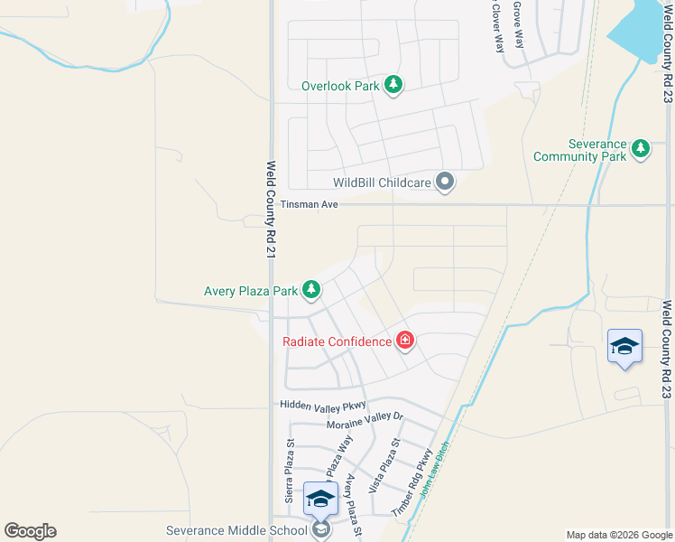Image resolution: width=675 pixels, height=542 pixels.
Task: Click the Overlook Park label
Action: (x=340, y=86)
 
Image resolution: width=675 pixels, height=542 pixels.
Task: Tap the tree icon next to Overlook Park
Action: (x=393, y=85)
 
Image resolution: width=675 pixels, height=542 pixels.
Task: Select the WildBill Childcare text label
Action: (x=383, y=182)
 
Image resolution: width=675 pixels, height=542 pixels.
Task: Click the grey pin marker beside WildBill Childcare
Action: (x=444, y=182)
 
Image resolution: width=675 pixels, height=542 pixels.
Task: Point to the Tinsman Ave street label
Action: (x=309, y=205)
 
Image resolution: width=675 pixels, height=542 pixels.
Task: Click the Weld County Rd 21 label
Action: (x=270, y=210)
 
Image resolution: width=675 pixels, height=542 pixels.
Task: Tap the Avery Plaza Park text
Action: (x=251, y=291)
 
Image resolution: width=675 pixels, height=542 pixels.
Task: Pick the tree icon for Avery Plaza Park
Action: (x=311, y=289)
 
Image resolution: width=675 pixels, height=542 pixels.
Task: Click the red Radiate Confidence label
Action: (x=337, y=341)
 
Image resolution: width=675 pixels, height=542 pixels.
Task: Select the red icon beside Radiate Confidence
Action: (x=405, y=341)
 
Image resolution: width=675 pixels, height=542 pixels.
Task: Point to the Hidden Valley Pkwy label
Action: (x=321, y=405)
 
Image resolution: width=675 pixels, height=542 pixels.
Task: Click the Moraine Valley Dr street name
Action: (x=365, y=421)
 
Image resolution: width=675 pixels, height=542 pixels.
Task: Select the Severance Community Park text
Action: (x=579, y=150)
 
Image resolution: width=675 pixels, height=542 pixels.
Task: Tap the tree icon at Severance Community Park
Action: (x=641, y=148)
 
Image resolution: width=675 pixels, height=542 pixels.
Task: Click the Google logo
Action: (x=30, y=531)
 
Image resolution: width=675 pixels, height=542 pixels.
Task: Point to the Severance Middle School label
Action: (x=237, y=530)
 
